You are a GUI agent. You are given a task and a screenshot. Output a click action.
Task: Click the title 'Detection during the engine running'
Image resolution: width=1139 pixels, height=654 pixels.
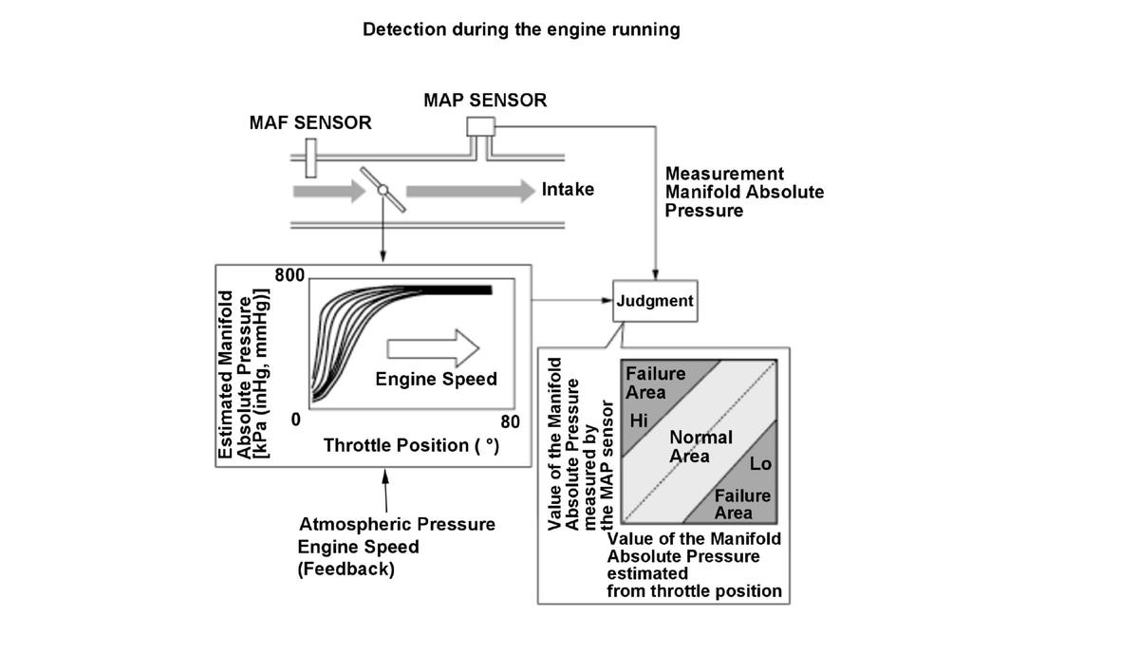coord(521,29)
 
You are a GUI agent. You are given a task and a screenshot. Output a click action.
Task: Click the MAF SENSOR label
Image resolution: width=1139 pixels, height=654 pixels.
coord(310,123)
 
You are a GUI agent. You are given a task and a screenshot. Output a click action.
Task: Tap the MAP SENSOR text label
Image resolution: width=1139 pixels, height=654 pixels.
coord(485,100)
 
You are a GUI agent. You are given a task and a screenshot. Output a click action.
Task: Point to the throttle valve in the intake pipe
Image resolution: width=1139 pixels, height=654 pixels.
coord(383,190)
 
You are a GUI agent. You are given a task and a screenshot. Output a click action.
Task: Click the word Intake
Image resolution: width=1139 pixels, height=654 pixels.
coord(568,189)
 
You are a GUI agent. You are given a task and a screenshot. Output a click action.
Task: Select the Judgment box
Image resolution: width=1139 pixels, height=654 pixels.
coord(655,301)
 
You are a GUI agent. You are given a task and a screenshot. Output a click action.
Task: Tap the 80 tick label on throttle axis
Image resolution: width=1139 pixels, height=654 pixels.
coord(510,421)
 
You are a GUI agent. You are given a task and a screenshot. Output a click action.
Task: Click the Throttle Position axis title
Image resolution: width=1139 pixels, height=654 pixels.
coord(411,445)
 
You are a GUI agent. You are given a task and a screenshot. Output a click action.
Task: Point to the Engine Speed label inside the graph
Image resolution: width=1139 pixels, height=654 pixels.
coord(436,380)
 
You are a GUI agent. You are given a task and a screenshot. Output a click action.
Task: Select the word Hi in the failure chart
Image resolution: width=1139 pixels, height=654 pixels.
coord(638,421)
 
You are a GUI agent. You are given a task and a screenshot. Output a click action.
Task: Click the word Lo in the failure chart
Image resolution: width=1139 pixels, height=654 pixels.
coord(760,464)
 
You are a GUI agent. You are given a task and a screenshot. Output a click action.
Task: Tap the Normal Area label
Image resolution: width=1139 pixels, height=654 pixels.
coord(700,446)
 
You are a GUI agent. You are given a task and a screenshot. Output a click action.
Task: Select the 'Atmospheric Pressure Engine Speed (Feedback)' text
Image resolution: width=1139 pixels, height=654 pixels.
coord(396,547)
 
